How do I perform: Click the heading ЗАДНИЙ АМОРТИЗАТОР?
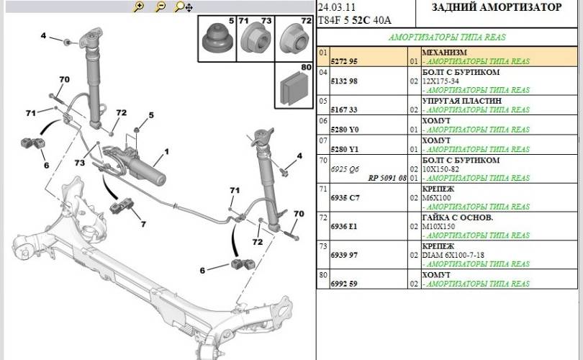click(496, 8)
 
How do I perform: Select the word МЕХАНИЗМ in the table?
click(443, 53)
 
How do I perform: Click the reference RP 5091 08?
click(387, 177)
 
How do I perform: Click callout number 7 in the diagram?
click(143, 225)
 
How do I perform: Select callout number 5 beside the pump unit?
click(151, 115)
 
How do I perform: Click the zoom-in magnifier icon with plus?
click(139, 6)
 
